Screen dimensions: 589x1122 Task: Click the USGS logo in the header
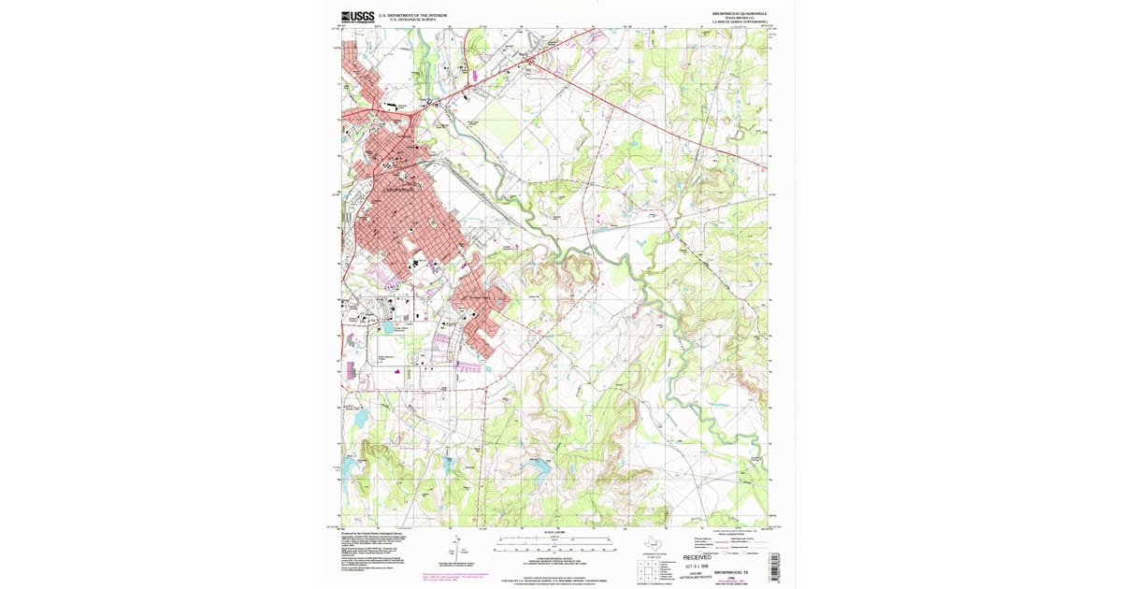[358, 17]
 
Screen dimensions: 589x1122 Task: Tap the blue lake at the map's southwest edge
[349, 466]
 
